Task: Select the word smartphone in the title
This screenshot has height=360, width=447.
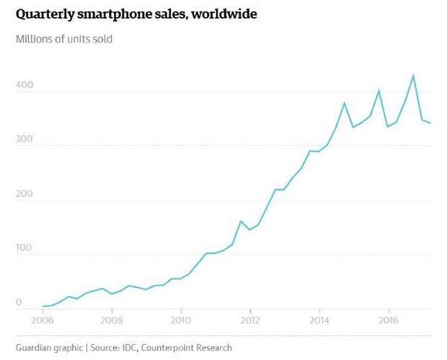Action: coord(121,14)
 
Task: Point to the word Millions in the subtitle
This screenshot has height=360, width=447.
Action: coord(36,39)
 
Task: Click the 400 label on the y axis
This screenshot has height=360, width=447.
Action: coord(25,86)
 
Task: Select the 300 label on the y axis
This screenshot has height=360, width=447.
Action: coord(25,140)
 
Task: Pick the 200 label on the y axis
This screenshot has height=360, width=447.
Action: coord(25,194)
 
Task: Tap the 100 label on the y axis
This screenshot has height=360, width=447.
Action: coord(25,247)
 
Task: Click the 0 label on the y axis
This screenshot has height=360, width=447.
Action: coord(20,302)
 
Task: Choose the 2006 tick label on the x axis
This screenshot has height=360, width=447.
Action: coord(42,320)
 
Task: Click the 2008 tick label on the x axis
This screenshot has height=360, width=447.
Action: coord(111,320)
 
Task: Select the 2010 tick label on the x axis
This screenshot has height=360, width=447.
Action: coord(180,320)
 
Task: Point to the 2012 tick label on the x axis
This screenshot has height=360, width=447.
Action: coord(250,320)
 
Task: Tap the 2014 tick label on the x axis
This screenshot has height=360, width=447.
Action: coord(319,320)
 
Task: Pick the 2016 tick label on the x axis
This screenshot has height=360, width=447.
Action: coord(388,320)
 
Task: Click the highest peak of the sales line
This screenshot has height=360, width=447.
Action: coord(413,75)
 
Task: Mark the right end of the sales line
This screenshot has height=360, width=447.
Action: coord(431,123)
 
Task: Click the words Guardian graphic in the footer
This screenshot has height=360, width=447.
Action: coord(48,347)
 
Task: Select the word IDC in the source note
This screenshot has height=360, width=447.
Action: coord(128,347)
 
